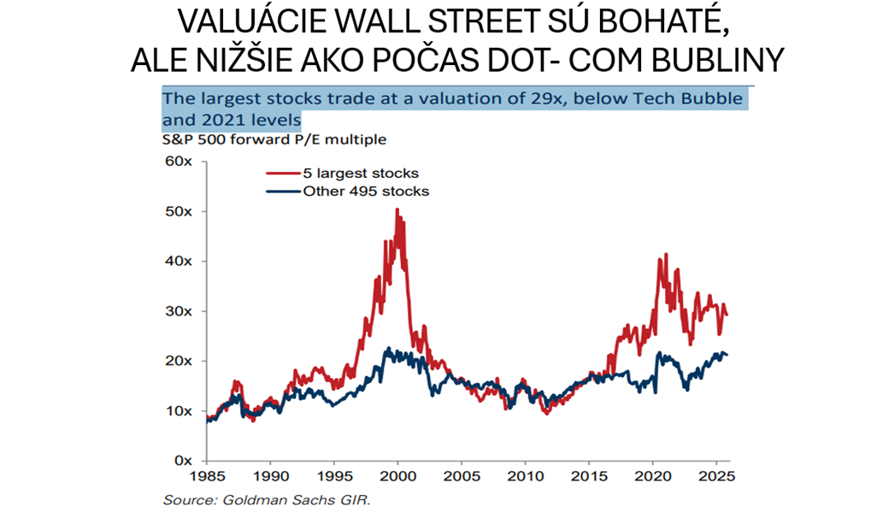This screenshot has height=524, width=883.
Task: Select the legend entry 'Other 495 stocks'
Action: pyautogui.click(x=366, y=191)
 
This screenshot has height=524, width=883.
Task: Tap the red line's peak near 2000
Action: pyautogui.click(x=397, y=209)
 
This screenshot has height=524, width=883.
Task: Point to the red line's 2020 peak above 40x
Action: pyautogui.click(x=664, y=255)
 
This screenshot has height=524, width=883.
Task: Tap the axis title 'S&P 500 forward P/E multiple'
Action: pyautogui.click(x=274, y=138)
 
